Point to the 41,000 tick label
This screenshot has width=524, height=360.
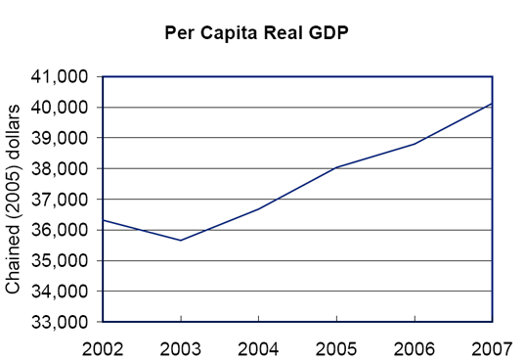point(61,76)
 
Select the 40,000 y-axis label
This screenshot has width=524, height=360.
point(61,107)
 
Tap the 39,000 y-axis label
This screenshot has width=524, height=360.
point(61,138)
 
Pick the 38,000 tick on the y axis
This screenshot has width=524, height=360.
point(61,168)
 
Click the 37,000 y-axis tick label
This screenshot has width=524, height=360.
point(61,200)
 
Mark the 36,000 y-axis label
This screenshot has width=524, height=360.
point(61,230)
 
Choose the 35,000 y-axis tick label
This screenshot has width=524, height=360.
point(61,260)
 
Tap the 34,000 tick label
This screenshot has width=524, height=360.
point(61,292)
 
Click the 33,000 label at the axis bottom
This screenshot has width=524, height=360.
point(61,322)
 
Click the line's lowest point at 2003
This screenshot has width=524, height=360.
point(181,241)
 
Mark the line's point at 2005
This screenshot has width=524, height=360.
point(336,167)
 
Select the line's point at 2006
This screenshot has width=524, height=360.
point(415,144)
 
